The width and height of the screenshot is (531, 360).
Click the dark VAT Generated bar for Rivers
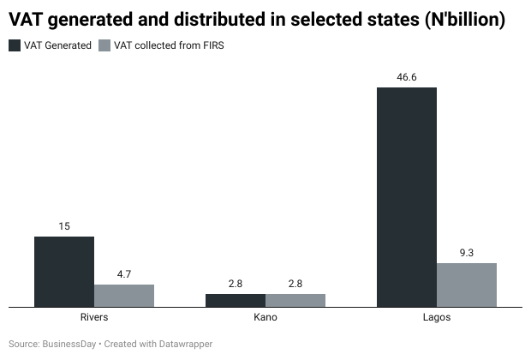[x=64, y=271]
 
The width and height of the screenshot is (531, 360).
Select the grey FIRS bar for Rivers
[x=124, y=295]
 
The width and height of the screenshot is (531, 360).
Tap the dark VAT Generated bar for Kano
[x=236, y=300]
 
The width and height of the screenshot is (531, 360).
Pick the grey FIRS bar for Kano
[x=295, y=300]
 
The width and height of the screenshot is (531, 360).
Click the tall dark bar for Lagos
[x=407, y=196]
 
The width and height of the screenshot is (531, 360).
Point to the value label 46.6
[x=407, y=77]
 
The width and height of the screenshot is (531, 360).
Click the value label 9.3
[x=467, y=253]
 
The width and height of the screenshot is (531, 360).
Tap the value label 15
[x=64, y=226]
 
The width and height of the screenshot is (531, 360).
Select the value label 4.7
[x=124, y=274]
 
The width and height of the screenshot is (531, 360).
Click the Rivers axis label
[x=93, y=318]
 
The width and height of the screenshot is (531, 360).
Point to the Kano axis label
[x=265, y=318]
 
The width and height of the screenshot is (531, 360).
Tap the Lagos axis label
[x=437, y=318]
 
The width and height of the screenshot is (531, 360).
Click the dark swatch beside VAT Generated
[x=15, y=45]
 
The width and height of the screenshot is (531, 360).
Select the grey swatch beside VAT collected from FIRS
[x=104, y=45]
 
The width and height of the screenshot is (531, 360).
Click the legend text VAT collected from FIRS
[x=166, y=45]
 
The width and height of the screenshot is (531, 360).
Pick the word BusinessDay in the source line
[x=69, y=344]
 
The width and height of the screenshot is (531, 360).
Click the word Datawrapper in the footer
[x=184, y=344]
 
